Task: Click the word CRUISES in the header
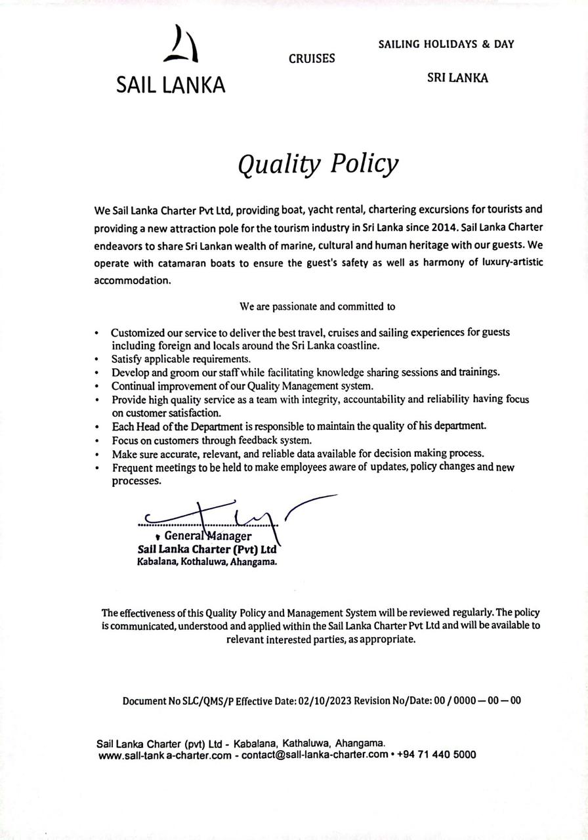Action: tap(312, 58)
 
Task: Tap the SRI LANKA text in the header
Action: tap(457, 77)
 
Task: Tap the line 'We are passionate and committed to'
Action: tap(317, 306)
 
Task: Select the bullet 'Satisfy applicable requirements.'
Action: tap(181, 359)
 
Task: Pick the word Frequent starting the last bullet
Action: tap(133, 467)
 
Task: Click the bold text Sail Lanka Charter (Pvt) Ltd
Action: tap(206, 550)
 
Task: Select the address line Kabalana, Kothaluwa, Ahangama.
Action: tap(207, 562)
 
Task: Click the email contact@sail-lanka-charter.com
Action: tap(315, 755)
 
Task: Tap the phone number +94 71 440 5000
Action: tap(436, 755)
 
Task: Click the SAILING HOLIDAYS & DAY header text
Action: tap(446, 45)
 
